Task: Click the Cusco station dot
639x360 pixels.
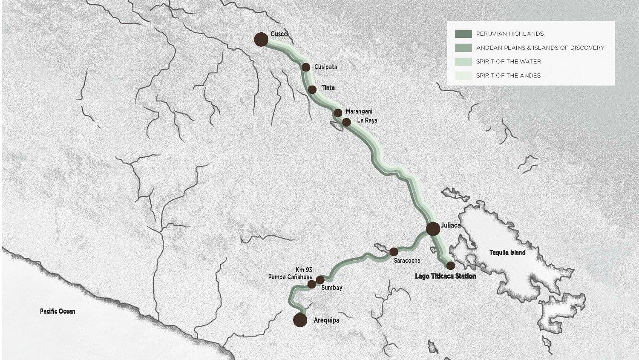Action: point(261,40)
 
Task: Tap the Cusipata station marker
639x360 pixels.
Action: point(306,67)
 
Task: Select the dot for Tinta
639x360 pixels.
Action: point(312,89)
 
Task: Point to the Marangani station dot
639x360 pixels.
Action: point(338,113)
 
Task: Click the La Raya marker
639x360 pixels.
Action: point(347,122)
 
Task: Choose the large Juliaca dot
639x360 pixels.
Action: point(433,229)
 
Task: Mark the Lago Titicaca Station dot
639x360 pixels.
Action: point(450,265)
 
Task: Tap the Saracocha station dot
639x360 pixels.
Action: point(394,252)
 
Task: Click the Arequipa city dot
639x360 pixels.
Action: point(300,320)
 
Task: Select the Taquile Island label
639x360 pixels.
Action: point(507,253)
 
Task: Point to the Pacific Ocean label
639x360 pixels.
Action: point(58,311)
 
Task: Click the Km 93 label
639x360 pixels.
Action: point(304,270)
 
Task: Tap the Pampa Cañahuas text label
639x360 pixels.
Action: point(290,277)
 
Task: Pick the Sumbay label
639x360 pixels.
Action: point(332,288)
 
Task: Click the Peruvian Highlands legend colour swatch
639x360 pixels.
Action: point(463,34)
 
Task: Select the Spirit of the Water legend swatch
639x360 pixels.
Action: point(463,61)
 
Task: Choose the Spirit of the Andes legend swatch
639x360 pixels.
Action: point(463,75)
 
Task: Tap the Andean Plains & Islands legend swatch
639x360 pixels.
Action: point(463,48)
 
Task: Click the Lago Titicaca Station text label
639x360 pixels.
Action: point(445,276)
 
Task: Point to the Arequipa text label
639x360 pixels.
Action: point(326,320)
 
